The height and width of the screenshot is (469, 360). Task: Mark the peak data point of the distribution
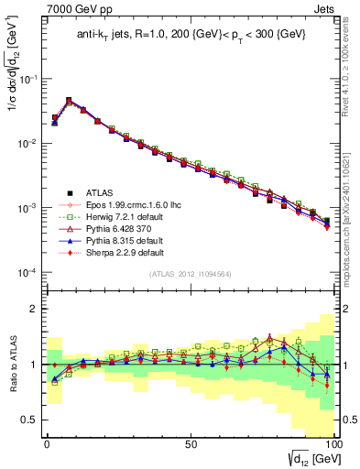coord(69,101)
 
